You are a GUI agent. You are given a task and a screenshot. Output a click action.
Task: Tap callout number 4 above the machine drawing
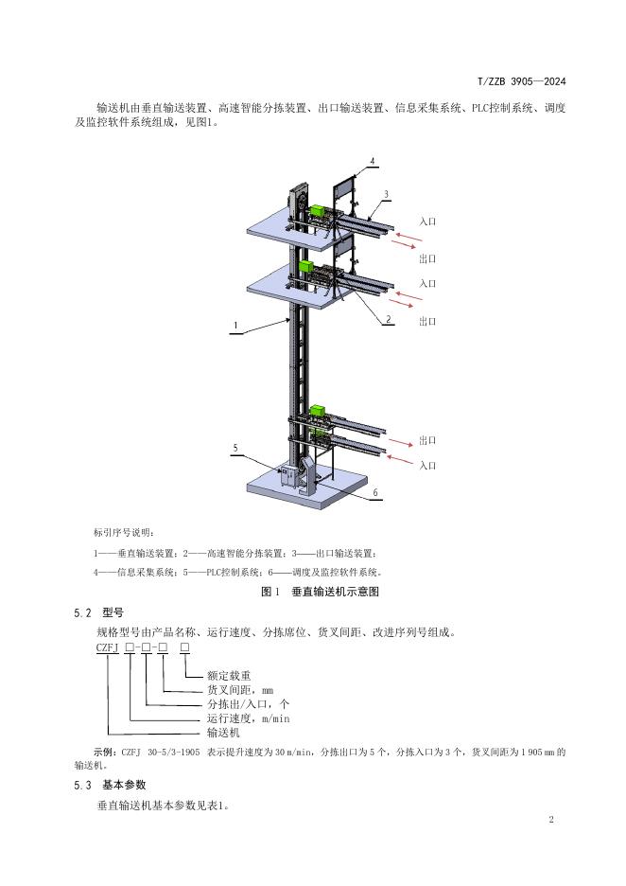pos(373,163)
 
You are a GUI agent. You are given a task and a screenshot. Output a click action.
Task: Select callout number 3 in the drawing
pos(386,194)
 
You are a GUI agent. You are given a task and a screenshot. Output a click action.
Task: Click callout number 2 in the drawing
pos(388,320)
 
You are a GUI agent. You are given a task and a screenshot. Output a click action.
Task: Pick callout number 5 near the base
pos(235,447)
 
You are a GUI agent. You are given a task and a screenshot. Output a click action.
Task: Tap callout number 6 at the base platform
pos(374,493)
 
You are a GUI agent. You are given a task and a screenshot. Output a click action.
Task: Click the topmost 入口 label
pos(427,221)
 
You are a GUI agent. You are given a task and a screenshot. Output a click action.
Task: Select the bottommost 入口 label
pos(427,465)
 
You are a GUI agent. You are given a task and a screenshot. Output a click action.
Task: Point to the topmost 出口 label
pos(427,257)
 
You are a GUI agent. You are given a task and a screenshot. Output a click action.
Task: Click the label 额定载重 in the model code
pos(229,676)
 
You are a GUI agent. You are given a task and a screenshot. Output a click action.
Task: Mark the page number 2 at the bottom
pos(550,818)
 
